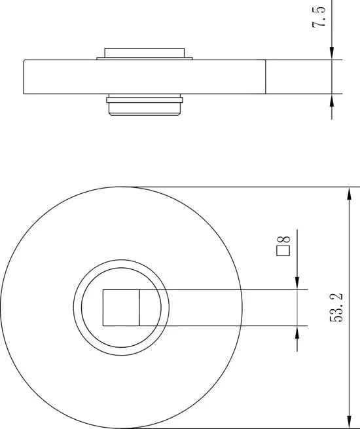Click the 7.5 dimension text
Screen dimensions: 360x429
[x=319, y=16]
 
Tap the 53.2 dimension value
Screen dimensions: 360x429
[x=336, y=308]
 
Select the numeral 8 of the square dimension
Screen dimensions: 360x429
[x=283, y=240]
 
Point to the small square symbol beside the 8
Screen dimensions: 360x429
[x=283, y=251]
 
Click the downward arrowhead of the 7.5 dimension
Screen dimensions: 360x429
[x=332, y=53]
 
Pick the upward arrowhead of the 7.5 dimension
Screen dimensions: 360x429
[x=332, y=100]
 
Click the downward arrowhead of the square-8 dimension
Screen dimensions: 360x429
[x=297, y=283]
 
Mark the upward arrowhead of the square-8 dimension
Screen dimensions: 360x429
[x=297, y=332]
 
